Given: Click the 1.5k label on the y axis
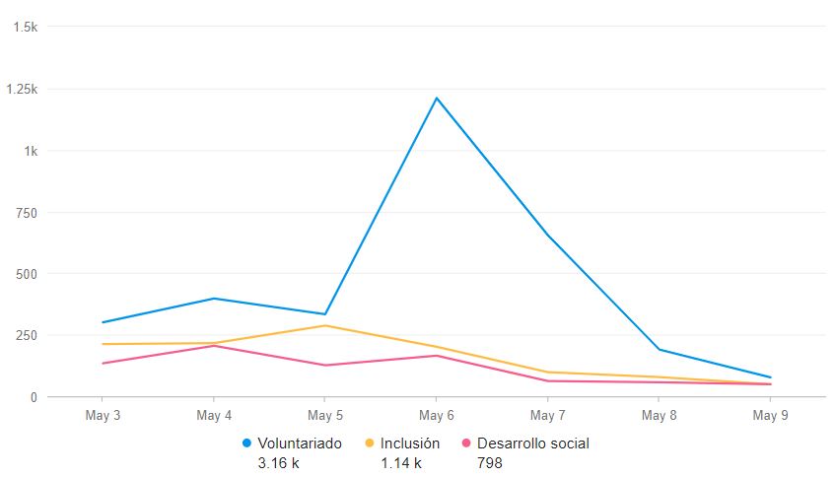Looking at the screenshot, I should pyautogui.click(x=25, y=28).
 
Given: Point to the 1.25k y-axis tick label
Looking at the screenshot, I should pyautogui.click(x=21, y=90).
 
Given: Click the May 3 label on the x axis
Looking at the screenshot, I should pyautogui.click(x=103, y=416).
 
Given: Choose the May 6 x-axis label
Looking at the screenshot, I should pyautogui.click(x=436, y=416).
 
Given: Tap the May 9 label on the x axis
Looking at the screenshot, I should pyautogui.click(x=770, y=416).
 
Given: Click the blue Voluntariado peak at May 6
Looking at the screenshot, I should pyautogui.click(x=436, y=98).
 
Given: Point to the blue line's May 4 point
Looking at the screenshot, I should pyautogui.click(x=214, y=298).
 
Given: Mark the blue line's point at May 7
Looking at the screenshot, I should pyautogui.click(x=547, y=237).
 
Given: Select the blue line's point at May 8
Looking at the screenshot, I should pyautogui.click(x=659, y=350).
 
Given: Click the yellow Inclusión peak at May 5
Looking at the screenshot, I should pyautogui.click(x=325, y=325).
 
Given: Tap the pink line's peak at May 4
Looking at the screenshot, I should pyautogui.click(x=214, y=345).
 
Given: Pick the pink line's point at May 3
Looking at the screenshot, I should pyautogui.click(x=103, y=364).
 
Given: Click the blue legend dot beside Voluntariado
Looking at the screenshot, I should pyautogui.click(x=246, y=443).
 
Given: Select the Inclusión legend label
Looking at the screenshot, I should pyautogui.click(x=410, y=443).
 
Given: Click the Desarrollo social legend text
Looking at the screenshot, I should pyautogui.click(x=532, y=443).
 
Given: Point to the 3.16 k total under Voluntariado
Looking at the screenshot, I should pyautogui.click(x=278, y=463).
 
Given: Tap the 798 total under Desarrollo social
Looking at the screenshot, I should pyautogui.click(x=489, y=463).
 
